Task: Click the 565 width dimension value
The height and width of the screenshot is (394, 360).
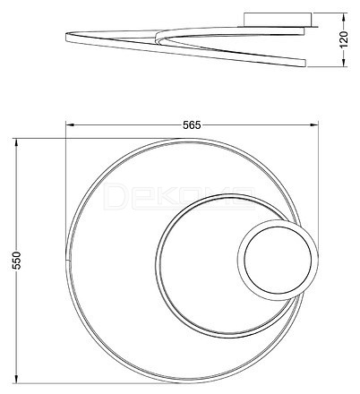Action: (x=192, y=125)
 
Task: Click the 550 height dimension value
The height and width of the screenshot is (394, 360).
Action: (x=17, y=261)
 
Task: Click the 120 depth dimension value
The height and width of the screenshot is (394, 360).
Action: (x=344, y=39)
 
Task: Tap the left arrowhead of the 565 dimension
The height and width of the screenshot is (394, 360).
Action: (x=70, y=125)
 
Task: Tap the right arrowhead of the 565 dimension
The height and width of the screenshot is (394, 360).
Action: (x=314, y=125)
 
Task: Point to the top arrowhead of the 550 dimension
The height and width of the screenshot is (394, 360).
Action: (x=17, y=142)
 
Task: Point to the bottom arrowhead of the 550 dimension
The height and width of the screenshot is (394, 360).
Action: (x=17, y=379)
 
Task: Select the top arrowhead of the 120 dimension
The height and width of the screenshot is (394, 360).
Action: (x=344, y=17)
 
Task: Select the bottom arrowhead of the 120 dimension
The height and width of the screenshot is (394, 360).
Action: (x=344, y=63)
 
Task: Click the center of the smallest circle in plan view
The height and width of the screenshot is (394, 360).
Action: (x=278, y=260)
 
